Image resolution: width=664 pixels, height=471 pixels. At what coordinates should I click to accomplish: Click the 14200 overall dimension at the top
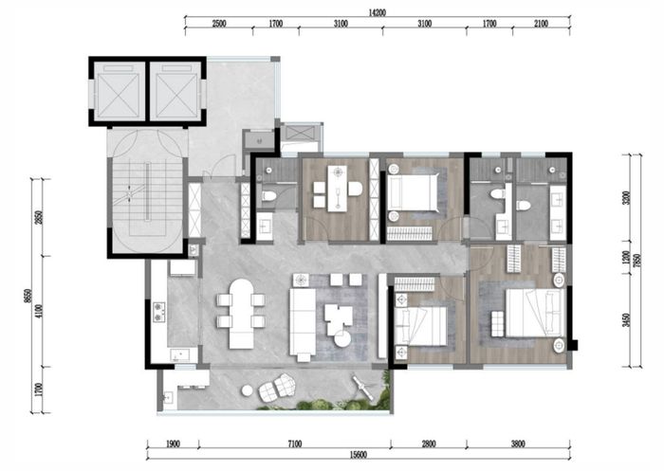pos(377,12)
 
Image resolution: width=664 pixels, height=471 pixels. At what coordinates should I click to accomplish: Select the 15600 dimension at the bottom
pos(359,455)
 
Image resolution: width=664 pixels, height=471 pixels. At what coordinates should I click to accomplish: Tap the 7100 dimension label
pos(295,444)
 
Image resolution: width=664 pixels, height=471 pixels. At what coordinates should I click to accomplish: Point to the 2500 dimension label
pos(218,24)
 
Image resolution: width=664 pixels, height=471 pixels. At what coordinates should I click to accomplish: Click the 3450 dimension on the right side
pos(626,320)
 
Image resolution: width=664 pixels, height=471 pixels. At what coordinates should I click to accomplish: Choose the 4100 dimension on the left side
pos(39,312)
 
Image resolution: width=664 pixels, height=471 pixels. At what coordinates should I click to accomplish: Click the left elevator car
pos(119,91)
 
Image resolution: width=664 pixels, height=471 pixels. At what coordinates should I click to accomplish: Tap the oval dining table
pos(241,313)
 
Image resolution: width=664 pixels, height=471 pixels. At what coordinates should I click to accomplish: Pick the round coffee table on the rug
pos(341,339)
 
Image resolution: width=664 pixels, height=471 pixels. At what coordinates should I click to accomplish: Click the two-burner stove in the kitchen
pos(159,312)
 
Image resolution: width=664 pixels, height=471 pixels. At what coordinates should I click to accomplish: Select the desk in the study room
pos(337,189)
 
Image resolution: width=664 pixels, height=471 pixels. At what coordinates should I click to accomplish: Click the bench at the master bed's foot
pos(498,324)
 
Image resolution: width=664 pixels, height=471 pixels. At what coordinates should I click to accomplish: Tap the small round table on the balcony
pos(248,390)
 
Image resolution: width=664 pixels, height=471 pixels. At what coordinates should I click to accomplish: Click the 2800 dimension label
pos(429,444)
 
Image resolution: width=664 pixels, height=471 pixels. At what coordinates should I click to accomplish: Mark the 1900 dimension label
pos(173,444)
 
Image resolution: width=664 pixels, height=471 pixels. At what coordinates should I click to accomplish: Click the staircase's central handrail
pos(147,191)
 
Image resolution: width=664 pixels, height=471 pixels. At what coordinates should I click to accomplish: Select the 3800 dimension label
pos(518,444)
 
